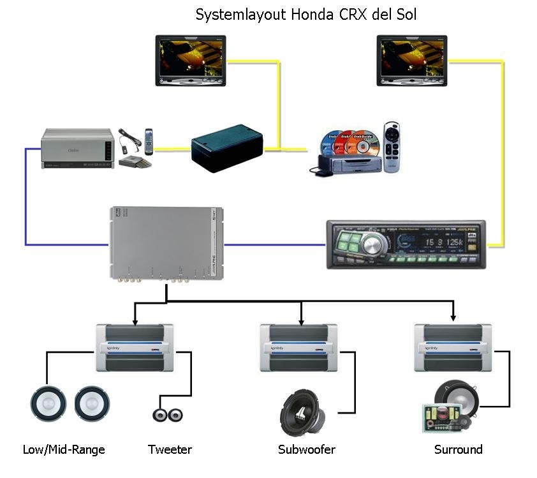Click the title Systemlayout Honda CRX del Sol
305,14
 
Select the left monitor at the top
190,60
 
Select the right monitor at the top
411,60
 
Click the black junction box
227,148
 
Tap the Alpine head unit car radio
406,244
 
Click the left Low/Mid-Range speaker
48,404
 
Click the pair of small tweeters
168,414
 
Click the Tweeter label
170,449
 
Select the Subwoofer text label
307,449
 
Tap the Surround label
458,449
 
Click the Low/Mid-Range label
64,449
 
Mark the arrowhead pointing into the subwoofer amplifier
301,320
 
